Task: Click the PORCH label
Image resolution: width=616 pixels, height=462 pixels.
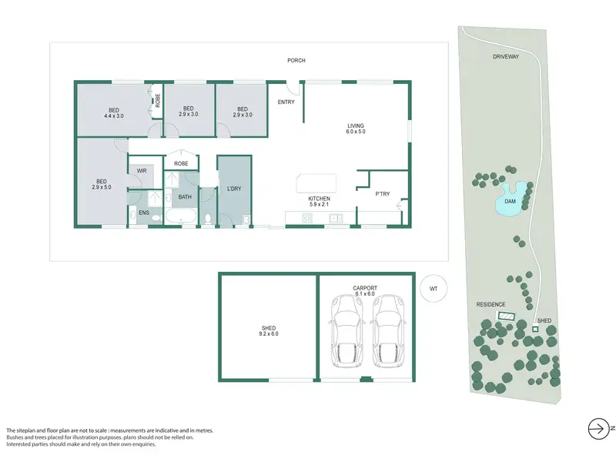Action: point(296,61)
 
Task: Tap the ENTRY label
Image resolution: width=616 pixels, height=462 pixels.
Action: point(286,102)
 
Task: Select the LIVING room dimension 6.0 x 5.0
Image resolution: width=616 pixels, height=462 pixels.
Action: point(356,132)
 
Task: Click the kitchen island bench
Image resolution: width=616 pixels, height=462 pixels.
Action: point(316,184)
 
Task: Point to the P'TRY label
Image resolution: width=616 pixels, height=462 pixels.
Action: point(382,194)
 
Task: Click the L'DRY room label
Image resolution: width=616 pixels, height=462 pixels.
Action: point(234,189)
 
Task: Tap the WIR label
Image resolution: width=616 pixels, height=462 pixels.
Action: point(142,171)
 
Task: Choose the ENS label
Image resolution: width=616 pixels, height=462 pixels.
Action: point(144,213)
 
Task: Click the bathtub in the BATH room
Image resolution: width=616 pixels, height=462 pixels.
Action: point(181,216)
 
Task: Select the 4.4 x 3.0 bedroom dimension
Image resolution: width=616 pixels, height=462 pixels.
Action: point(114,116)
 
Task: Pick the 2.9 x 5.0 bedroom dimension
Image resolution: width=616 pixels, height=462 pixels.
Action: point(102,187)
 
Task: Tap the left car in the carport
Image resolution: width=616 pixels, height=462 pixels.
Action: point(346,332)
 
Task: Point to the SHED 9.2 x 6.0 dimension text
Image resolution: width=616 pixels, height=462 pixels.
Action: point(269,334)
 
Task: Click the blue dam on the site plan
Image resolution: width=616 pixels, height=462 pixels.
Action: point(510,200)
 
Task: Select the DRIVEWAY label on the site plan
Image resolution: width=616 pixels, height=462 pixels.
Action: point(506,56)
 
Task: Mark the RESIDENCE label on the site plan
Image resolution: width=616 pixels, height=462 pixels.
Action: point(490,304)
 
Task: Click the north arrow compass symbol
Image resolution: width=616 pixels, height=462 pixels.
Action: point(598,429)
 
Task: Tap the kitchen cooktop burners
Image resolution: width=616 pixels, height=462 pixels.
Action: point(306,218)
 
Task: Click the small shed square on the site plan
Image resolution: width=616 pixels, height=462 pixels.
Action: point(534,330)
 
